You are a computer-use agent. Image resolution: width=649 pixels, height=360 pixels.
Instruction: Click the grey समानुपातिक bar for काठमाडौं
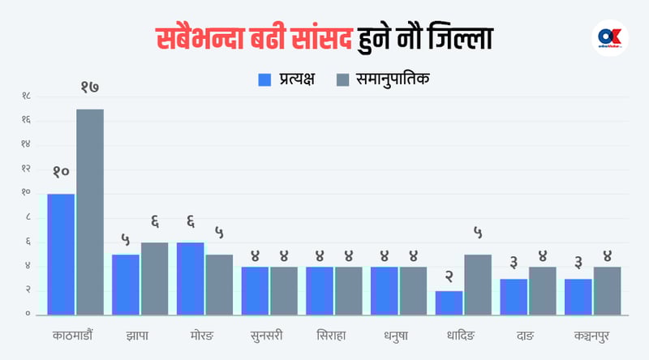click(90, 212)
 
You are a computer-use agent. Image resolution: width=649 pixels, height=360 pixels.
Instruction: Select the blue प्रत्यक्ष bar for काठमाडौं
click(61, 254)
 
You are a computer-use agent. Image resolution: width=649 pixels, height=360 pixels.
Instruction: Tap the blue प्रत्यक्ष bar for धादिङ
click(449, 302)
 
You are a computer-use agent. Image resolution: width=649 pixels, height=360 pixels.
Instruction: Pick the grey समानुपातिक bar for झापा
click(155, 278)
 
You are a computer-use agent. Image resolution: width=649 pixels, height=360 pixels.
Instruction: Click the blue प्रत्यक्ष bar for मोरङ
click(190, 278)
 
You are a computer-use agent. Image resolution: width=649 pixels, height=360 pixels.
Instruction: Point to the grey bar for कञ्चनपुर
click(607, 290)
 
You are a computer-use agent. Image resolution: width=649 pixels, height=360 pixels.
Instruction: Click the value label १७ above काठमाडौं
click(89, 87)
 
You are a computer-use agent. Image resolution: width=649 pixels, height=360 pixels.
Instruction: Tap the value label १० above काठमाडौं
click(61, 172)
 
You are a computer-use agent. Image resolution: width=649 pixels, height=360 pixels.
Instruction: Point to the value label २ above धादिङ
click(449, 275)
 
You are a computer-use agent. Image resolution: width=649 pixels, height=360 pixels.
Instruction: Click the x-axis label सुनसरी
click(269, 335)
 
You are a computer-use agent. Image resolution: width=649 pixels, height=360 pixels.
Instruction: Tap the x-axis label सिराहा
click(333, 335)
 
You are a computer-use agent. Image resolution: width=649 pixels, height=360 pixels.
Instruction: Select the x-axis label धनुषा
click(398, 335)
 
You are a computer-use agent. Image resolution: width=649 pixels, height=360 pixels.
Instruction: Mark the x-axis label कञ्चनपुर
click(592, 335)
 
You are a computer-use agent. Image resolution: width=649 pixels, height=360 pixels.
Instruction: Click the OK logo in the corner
click(611, 37)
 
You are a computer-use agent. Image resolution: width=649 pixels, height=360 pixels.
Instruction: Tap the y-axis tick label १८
click(27, 96)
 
